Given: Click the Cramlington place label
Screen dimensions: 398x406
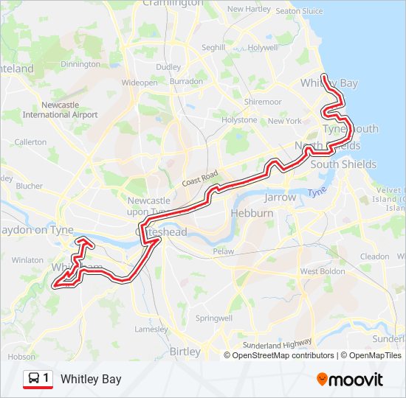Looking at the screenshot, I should pos(172,3).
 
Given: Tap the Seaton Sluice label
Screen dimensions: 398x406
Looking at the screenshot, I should pos(299,11).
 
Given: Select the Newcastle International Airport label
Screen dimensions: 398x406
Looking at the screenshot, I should pos(60,110).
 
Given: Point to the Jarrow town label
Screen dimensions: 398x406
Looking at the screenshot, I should pos(280,198).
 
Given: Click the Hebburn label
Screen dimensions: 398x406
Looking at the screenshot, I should pos(252,213).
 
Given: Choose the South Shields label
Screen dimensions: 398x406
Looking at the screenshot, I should pos(343,164).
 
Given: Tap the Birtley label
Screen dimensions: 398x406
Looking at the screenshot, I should pos(185,352).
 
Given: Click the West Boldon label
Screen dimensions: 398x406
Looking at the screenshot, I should pos(323,271).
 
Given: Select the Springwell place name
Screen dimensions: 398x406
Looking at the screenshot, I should pos(214,318).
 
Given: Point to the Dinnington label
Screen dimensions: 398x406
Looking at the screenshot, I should pos(80,64).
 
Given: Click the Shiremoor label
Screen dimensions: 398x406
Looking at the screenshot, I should pos(263,102).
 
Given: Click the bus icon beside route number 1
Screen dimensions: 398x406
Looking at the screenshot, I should pos(34,379).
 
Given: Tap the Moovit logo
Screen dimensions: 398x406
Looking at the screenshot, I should pos(350,380).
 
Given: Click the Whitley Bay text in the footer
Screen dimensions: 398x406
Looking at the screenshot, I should pos(91,380).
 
